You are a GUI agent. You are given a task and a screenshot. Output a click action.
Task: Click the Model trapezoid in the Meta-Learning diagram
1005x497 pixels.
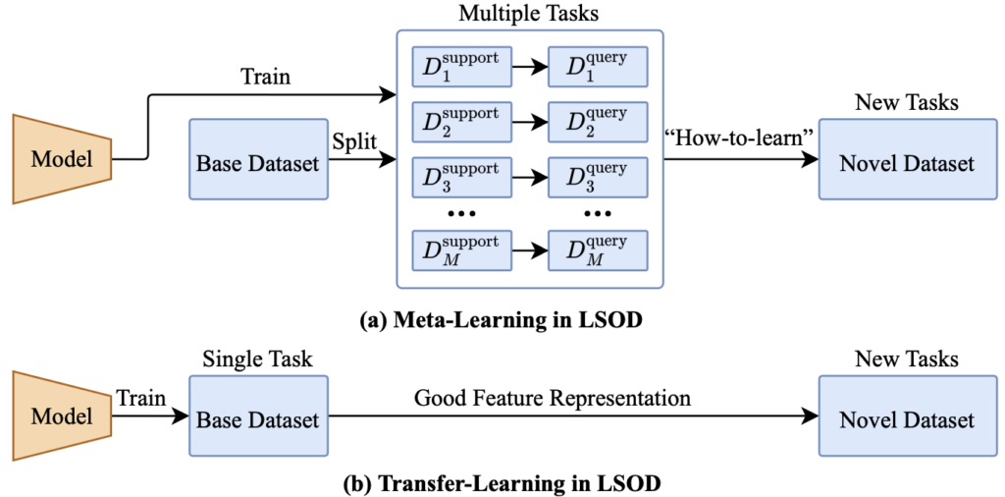coord(61,158)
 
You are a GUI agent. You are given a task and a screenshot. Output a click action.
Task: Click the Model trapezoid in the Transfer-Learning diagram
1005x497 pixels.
coord(61,414)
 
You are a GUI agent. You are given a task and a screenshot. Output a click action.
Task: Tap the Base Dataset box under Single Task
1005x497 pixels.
coord(258,419)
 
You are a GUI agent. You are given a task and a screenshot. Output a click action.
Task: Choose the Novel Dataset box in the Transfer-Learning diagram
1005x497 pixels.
coord(906,419)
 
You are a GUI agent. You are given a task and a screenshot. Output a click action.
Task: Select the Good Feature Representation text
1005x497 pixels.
coord(553,398)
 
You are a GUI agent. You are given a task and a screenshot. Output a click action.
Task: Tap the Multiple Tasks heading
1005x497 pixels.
coord(529,15)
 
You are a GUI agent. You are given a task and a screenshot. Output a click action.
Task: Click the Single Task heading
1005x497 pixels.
coord(257,359)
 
